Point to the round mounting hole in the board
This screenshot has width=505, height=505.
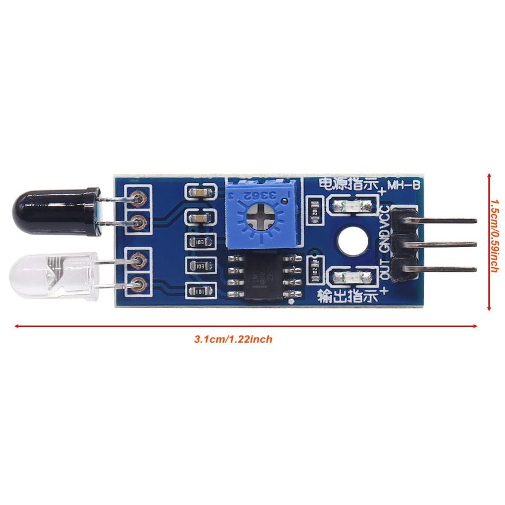coord(352,241)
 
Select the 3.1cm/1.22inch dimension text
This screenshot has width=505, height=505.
coord(233,340)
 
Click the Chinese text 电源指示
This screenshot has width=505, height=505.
coord(348,186)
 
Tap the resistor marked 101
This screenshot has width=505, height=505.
coord(200,292)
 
